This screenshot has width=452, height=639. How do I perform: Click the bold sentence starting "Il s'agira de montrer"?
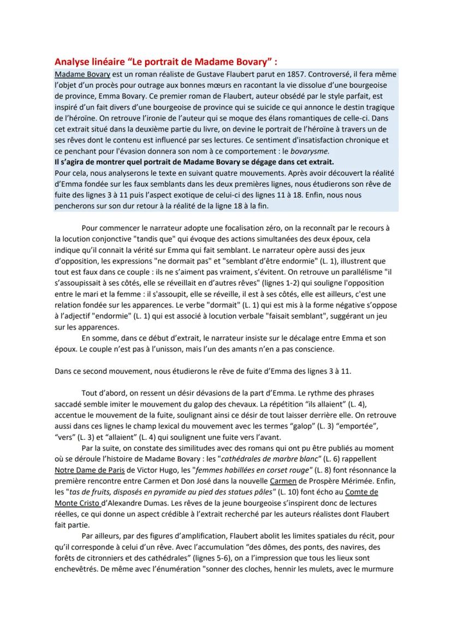point(195,162)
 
